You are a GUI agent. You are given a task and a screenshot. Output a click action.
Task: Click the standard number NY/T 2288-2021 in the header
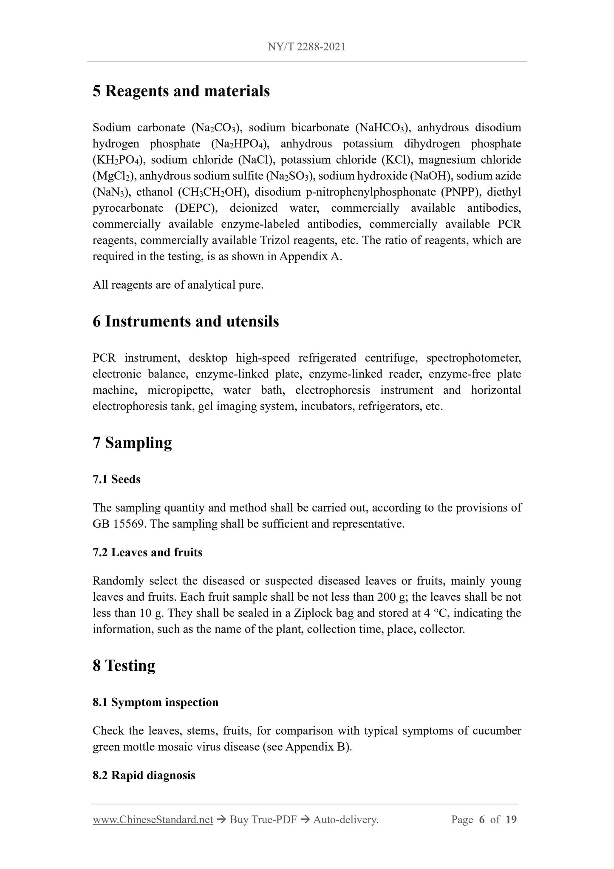click(306, 47)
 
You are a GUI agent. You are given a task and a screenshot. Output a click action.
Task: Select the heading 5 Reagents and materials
click(181, 91)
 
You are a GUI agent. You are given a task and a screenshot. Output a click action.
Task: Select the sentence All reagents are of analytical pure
click(178, 285)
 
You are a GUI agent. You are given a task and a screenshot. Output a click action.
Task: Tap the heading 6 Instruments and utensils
click(186, 321)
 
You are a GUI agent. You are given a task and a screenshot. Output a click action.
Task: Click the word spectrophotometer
click(473, 358)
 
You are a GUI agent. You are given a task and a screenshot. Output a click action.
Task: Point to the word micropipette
click(179, 390)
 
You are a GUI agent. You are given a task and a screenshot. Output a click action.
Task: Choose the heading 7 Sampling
click(132, 443)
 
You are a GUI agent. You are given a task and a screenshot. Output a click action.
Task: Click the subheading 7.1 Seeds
click(116, 480)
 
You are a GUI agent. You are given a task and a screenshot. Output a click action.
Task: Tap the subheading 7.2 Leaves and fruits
click(147, 553)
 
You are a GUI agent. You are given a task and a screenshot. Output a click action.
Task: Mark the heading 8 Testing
click(124, 666)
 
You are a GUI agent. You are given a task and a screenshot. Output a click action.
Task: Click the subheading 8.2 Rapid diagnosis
click(144, 775)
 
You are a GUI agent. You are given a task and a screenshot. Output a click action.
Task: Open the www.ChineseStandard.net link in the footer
click(153, 820)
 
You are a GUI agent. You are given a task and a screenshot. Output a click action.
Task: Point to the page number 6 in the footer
click(482, 820)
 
